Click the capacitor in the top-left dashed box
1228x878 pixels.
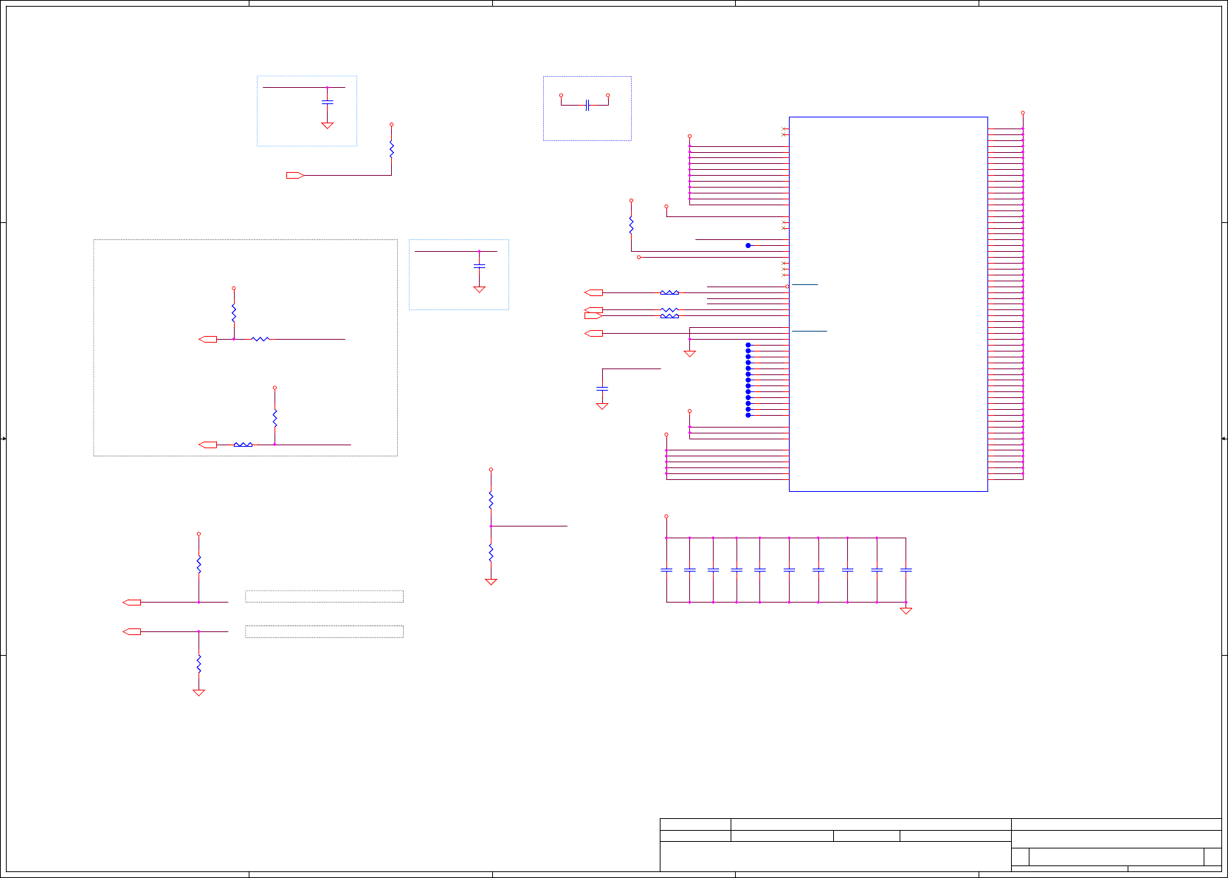tap(327, 102)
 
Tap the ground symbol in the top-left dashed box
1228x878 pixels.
tap(327, 126)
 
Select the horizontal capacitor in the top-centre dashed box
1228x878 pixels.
tap(587, 106)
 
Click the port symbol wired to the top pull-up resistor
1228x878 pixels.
tap(295, 175)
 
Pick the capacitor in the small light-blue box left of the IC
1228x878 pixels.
tap(479, 265)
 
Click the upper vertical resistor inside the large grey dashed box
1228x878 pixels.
tap(234, 313)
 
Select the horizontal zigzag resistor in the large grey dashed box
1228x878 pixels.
tap(261, 339)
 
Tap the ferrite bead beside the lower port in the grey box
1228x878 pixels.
tap(243, 445)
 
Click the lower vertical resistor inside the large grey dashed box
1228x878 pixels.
tap(275, 418)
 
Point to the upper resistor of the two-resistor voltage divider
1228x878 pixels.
tap(491, 500)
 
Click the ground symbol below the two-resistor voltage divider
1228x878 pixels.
tap(491, 582)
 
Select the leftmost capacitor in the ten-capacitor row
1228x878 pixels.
tap(666, 569)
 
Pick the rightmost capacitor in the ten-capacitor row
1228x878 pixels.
tap(906, 569)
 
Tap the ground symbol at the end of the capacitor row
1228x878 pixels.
tap(906, 611)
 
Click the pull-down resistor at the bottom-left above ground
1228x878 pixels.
tap(199, 663)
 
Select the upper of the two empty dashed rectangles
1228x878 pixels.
tap(324, 596)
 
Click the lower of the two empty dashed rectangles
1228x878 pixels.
tap(324, 631)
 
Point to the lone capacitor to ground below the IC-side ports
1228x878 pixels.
tap(602, 388)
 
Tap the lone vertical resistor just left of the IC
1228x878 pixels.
tap(631, 224)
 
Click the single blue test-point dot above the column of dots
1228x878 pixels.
tap(748, 245)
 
